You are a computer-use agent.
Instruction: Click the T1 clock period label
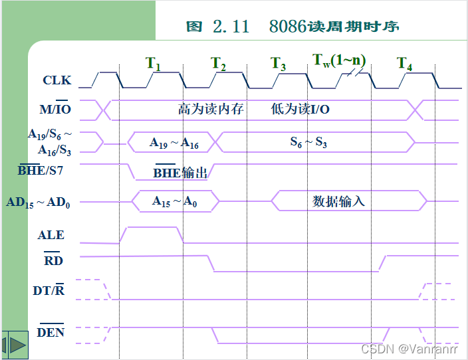tap(153, 64)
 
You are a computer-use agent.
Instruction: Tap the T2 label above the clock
tap(218, 64)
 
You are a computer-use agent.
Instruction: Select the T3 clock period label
tap(279, 64)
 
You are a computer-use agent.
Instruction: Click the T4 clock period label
tap(405, 64)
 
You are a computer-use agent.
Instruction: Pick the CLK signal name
tap(57, 80)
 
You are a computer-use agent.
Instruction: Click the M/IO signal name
tap(55, 108)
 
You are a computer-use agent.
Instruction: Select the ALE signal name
tap(51, 234)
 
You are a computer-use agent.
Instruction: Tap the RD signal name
tap(53, 260)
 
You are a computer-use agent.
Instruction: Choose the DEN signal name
tap(51, 331)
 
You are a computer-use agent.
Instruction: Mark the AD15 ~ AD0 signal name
tap(39, 202)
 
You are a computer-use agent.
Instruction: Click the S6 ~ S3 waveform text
tap(308, 142)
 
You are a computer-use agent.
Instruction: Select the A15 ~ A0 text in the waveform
tap(174, 201)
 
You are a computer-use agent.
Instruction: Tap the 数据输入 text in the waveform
tap(339, 201)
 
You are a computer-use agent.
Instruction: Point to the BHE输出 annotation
tap(180, 173)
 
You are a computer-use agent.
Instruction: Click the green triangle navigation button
tap(17, 345)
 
